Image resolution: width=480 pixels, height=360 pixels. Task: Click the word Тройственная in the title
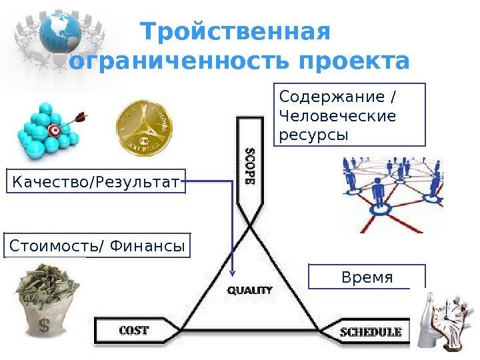point(236,32)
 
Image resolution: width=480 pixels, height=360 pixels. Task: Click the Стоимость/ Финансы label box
point(97,245)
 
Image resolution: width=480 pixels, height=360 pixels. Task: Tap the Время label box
point(367,277)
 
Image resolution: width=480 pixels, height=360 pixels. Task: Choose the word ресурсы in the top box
point(312,135)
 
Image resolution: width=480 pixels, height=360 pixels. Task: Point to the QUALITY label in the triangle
point(251,290)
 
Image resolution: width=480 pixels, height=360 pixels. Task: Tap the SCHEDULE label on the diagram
point(371,331)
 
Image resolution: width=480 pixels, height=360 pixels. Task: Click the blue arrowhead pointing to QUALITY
point(233,272)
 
